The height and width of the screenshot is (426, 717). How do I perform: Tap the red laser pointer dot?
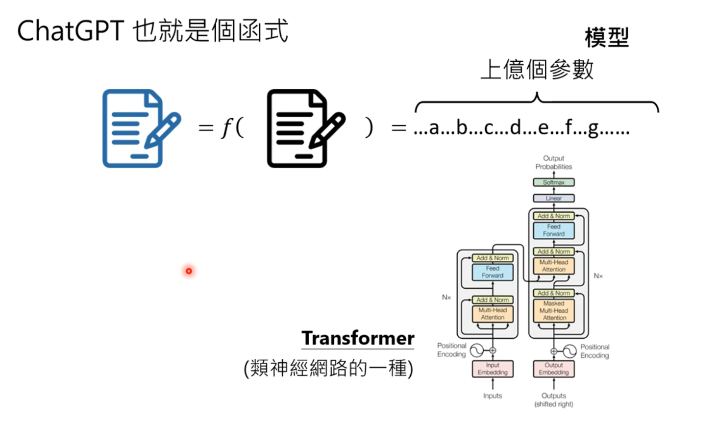(189, 271)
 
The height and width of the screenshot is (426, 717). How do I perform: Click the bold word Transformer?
(358, 338)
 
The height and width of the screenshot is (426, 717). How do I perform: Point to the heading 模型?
(607, 38)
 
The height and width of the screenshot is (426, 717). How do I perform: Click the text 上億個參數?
(537, 69)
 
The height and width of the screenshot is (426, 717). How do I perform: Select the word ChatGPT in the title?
(70, 31)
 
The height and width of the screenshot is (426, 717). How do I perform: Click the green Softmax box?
(553, 182)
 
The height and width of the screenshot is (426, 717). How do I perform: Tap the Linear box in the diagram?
(553, 199)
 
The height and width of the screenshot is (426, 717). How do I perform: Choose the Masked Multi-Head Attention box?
(554, 311)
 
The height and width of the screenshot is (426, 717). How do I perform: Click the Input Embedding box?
(493, 369)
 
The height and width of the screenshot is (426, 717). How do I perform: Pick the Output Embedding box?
(554, 369)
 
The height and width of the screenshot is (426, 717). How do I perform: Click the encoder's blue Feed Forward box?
(493, 272)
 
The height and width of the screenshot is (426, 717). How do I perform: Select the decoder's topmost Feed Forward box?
(554, 230)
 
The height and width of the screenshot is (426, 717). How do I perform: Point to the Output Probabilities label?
(553, 162)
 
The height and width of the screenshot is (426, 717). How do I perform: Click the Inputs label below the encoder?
(493, 396)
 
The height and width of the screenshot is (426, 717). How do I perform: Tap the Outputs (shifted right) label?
(554, 400)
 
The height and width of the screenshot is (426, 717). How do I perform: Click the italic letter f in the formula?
(226, 128)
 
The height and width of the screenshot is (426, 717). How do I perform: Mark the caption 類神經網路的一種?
(328, 368)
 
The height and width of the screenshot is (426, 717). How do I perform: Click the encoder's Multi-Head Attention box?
(493, 314)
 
